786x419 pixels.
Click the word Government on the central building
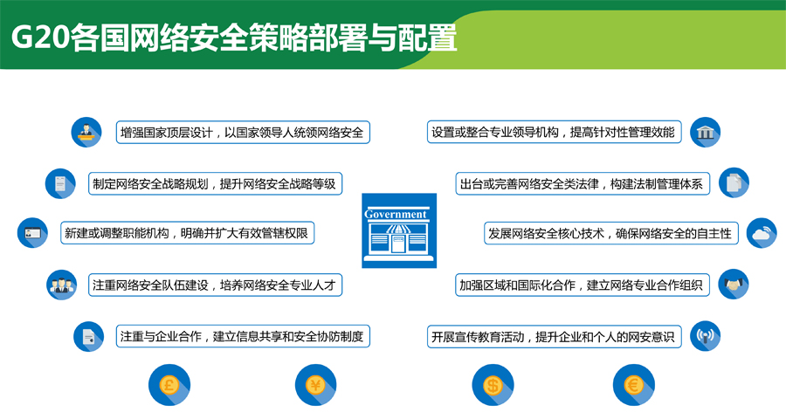[x=396, y=214]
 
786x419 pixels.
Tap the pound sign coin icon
[x=169, y=385]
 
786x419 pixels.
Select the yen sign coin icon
[x=316, y=385]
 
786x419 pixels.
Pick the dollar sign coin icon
[x=493, y=385]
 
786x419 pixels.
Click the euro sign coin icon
[x=634, y=385]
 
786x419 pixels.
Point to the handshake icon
[x=734, y=285]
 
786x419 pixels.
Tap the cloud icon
[x=762, y=233]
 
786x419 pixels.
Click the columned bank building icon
[x=706, y=133]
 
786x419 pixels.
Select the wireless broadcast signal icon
[x=706, y=336]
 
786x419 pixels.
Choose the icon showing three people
[x=62, y=285]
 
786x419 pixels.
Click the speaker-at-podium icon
[x=86, y=133]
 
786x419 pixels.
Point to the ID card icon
[x=32, y=232]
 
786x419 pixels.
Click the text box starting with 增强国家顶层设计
[x=243, y=133]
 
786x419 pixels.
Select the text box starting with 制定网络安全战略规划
[x=216, y=183]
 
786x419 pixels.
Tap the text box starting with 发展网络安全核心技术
[x=611, y=233]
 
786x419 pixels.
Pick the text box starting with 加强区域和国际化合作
[x=583, y=285]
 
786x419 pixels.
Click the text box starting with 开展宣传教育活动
[x=555, y=336]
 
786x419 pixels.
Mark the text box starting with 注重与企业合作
[x=243, y=336]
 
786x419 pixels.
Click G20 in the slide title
[x=39, y=38]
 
